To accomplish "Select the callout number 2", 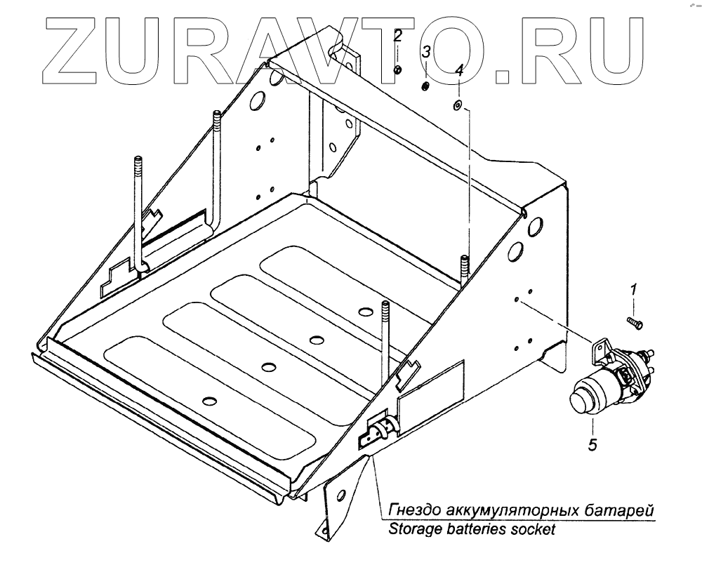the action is point(397,36).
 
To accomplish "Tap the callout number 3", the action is point(425,53).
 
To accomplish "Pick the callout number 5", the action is point(593,444).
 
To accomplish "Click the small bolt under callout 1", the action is point(634,321).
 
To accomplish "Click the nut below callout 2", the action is point(397,69).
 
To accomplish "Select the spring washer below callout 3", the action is point(425,86).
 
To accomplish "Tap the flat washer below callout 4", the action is point(457,105).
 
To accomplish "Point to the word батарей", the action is point(625,509).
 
